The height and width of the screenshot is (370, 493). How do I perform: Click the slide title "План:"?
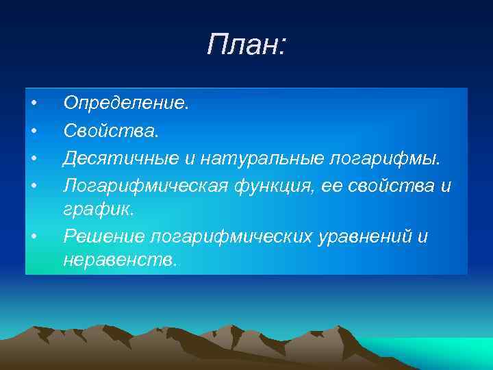(x=246, y=47)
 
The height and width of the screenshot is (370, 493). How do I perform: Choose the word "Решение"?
(x=102, y=236)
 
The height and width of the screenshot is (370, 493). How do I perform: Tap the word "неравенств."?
(x=119, y=261)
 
